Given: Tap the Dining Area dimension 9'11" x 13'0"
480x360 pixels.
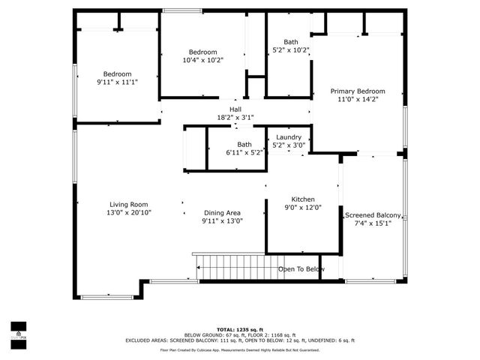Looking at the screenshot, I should (x=222, y=221).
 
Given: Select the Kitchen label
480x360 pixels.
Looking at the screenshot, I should (x=292, y=199).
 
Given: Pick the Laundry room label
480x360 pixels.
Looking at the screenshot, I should (x=289, y=137).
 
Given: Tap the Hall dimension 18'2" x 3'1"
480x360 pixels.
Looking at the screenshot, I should (x=235, y=118).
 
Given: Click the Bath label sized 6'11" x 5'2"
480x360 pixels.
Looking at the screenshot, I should (x=244, y=144).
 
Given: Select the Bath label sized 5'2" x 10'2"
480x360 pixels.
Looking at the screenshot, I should (x=290, y=42).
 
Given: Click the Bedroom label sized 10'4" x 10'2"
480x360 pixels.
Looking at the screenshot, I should (x=202, y=52).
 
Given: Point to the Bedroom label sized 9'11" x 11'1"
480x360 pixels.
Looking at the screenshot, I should (x=117, y=73).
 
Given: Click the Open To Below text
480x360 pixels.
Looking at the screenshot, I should (x=301, y=269).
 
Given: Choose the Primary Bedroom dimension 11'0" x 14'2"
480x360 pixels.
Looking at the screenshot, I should (x=358, y=99).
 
